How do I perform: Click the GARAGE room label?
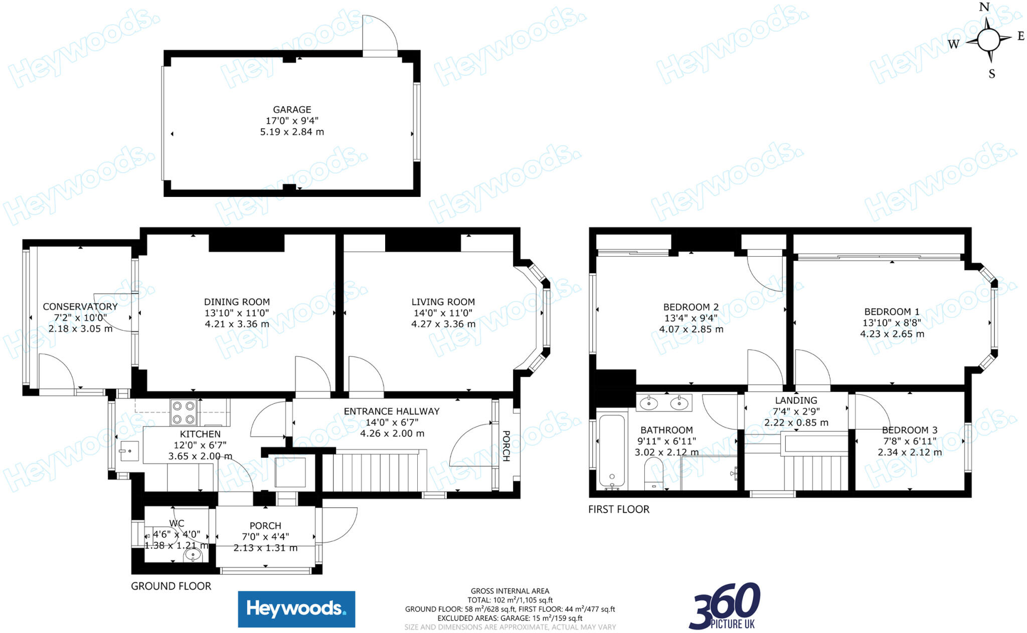292,109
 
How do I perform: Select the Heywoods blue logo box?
296,609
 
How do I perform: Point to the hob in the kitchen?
184,412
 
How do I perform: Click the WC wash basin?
193,555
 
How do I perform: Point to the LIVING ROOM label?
443,302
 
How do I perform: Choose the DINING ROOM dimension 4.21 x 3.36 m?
237,324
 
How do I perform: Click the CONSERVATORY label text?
80,307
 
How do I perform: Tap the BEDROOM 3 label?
910,430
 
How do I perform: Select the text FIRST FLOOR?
619,509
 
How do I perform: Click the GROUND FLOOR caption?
171,586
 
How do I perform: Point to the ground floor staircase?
374,471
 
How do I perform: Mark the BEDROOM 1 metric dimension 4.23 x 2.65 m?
892,334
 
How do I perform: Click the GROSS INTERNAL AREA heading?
510,591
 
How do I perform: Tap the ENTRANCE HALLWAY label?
392,411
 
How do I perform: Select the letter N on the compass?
984,8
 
